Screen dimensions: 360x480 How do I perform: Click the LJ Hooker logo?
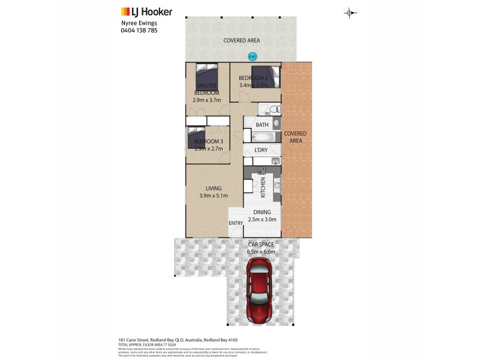point(146,11)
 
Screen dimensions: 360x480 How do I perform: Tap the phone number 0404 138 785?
point(139,30)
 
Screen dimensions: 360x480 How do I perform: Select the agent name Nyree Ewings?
point(138,23)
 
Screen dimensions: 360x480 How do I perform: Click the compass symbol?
point(350,13)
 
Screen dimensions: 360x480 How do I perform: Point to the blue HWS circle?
point(252,57)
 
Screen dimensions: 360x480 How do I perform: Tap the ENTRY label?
point(236,224)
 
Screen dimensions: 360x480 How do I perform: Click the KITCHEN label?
point(263,188)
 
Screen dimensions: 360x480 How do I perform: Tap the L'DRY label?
point(261,149)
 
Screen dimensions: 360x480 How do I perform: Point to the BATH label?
point(262,125)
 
